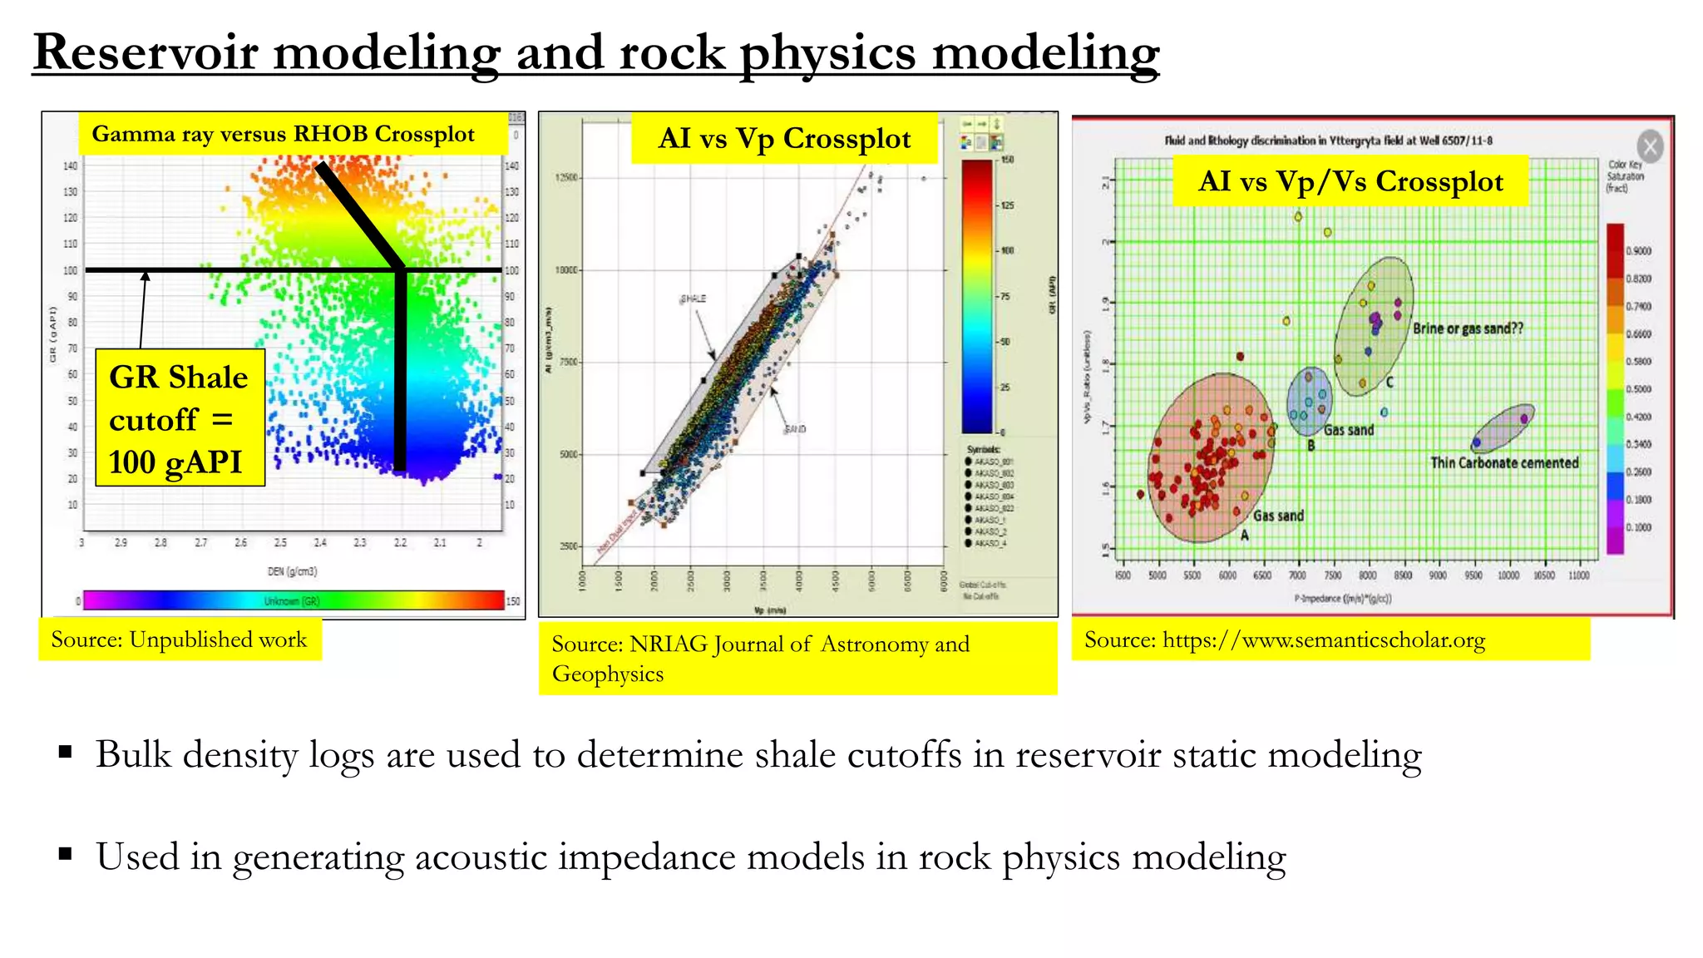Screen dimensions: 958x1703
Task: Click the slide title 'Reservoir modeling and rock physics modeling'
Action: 595,52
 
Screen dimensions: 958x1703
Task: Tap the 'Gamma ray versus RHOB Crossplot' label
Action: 284,134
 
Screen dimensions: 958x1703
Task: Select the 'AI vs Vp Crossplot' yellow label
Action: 784,138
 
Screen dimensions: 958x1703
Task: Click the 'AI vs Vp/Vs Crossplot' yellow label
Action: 1350,180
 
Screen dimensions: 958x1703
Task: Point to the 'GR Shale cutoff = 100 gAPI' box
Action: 180,418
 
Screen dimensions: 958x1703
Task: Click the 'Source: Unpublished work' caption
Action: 179,639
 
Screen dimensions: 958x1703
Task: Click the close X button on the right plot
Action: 1650,147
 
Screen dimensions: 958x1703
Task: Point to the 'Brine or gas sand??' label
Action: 1468,328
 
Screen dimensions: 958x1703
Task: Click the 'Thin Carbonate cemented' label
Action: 1503,463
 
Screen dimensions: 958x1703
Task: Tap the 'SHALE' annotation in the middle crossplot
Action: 693,299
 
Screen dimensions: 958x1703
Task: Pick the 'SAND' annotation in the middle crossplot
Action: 795,429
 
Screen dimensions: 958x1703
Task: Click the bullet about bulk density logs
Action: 758,755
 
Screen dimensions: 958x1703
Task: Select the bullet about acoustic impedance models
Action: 690,857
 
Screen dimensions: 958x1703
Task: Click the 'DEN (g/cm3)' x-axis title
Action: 292,571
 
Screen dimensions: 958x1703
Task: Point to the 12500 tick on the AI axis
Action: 567,178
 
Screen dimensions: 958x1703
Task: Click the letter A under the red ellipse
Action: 1244,536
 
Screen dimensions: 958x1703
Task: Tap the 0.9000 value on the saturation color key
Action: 1638,250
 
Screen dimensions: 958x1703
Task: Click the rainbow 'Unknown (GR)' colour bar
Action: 293,600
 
